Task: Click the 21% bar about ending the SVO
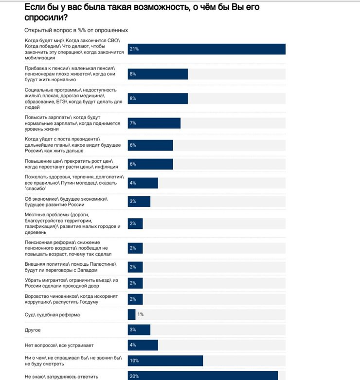[x=206, y=49]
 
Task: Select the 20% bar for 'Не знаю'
[x=202, y=376]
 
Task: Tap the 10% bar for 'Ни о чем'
[x=165, y=361]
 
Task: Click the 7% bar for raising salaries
[x=154, y=123]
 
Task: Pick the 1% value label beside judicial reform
[x=140, y=314]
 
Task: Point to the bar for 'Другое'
[x=139, y=330]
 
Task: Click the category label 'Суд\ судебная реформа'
[x=52, y=315]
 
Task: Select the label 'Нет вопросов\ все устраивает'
[x=58, y=345]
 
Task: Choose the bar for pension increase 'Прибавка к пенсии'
[x=158, y=74]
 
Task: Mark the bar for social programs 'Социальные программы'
[x=158, y=99]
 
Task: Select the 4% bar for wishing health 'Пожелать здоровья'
[x=143, y=183]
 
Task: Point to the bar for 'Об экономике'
[x=139, y=201]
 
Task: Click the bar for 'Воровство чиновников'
[x=135, y=299]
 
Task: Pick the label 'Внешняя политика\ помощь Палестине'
[x=71, y=267]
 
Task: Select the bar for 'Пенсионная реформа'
[x=135, y=248]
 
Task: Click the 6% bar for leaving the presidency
[x=150, y=145]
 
